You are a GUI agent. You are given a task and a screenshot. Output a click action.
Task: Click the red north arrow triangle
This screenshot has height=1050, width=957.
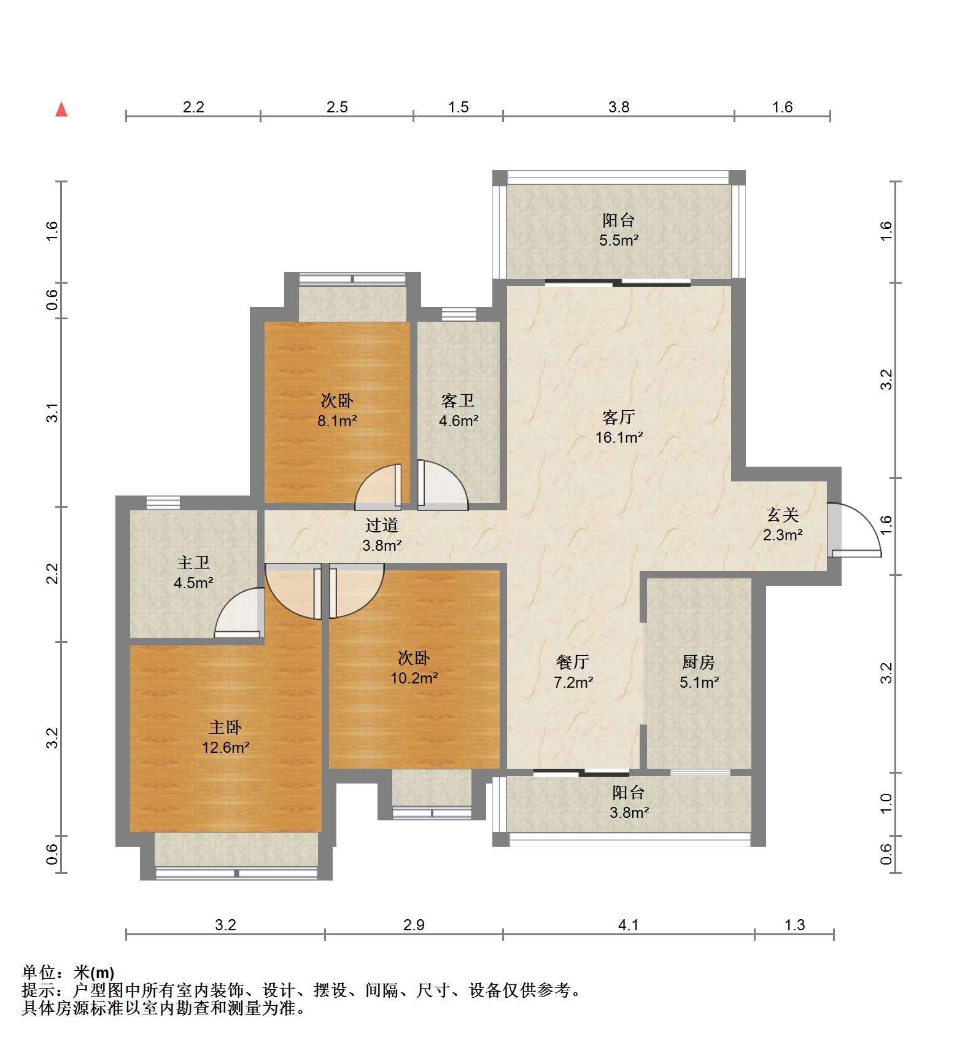tap(61, 109)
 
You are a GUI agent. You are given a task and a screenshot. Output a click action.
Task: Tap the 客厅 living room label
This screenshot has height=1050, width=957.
tap(618, 418)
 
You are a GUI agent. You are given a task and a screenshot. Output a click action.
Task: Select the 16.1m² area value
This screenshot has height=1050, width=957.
tap(619, 438)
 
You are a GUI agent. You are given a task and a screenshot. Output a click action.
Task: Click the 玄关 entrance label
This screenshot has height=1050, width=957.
tap(783, 515)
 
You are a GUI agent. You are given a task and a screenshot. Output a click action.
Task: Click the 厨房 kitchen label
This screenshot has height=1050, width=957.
tap(699, 662)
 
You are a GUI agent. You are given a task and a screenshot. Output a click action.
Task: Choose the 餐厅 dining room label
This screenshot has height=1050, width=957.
tap(573, 662)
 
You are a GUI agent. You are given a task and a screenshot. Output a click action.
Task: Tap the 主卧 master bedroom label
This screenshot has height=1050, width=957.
tap(225, 728)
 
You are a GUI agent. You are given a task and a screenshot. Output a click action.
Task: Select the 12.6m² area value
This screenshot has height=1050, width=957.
tap(226, 748)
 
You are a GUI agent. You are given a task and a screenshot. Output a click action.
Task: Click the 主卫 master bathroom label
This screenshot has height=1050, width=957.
tap(193, 562)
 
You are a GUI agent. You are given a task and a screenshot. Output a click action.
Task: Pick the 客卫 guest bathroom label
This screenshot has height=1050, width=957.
tap(458, 401)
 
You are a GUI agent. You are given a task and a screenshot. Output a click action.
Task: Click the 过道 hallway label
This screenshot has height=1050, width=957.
tap(382, 525)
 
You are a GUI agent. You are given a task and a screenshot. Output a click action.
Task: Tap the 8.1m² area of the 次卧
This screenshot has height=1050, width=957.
tap(337, 421)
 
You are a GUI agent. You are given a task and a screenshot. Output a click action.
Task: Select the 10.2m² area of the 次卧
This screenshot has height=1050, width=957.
tap(414, 679)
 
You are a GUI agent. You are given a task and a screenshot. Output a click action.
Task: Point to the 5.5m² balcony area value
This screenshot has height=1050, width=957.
tap(619, 240)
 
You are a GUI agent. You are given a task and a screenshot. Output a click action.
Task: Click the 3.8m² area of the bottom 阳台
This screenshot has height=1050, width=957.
tap(629, 812)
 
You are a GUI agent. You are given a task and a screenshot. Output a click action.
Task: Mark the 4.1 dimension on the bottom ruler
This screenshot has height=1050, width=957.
tap(629, 925)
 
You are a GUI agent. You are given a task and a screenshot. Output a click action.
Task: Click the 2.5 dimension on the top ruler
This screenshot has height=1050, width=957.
tap(337, 107)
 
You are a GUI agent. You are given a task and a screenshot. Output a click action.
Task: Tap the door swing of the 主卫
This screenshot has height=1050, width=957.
tap(240, 612)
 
